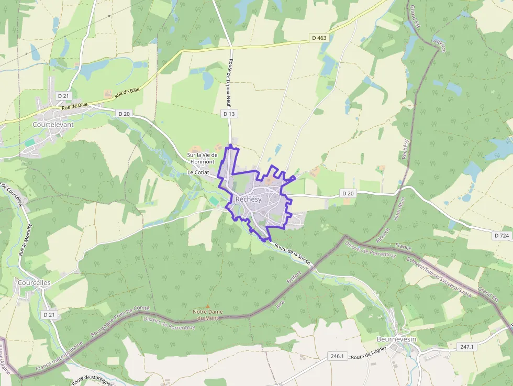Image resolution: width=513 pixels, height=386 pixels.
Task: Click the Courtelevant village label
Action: click(53, 125)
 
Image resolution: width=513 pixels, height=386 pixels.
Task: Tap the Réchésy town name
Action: click(249, 199)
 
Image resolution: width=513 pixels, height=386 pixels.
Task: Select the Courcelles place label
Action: click(34, 282)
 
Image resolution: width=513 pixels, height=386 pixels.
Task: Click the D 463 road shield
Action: click(319, 38)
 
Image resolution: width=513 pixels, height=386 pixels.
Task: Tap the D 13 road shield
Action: click(229, 114)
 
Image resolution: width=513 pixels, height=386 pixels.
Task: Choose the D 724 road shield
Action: click(501, 236)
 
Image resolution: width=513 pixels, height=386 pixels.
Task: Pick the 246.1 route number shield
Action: click(337, 356)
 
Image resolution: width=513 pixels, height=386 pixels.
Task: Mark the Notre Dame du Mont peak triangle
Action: click(208, 306)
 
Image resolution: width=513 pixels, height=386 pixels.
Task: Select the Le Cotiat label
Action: click(198, 172)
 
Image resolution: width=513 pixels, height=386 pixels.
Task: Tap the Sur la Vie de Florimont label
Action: click(202, 158)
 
